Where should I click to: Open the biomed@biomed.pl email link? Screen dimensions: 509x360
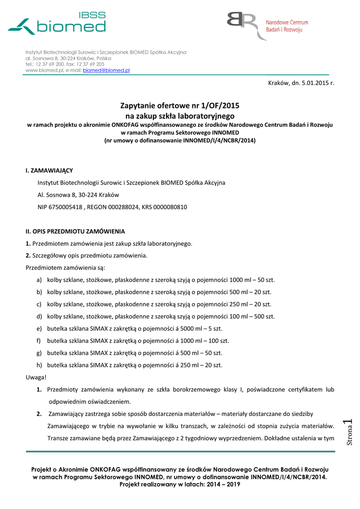pyautogui.click(x=106, y=71)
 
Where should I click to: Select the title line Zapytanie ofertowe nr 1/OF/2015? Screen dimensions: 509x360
pyautogui.click(x=180, y=105)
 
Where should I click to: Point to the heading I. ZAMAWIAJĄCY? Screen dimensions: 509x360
pyautogui.click(x=49, y=170)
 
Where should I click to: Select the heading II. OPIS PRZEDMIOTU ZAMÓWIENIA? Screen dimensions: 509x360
pyautogui.click(x=75, y=232)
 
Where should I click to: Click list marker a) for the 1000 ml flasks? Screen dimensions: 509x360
pyautogui.click(x=39, y=280)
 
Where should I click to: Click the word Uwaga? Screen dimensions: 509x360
pyautogui.click(x=36, y=377)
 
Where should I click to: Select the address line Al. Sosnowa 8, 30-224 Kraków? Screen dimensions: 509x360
pyautogui.click(x=78, y=195)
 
